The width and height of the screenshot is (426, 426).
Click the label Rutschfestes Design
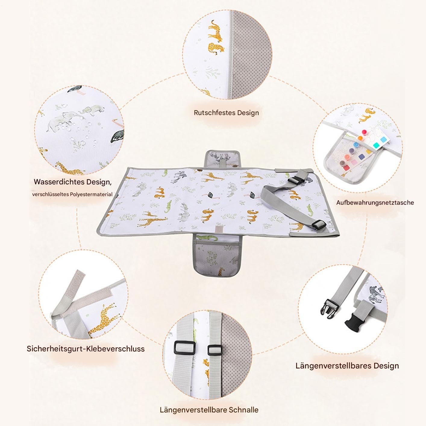226,113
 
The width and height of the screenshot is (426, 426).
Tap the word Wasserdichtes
59,182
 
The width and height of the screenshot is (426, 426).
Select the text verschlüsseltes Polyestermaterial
72,195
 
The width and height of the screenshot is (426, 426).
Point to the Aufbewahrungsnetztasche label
375,202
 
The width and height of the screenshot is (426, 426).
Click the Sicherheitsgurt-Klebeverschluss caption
86,349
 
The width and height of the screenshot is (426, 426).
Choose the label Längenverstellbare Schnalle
209,410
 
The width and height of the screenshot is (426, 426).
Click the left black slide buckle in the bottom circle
184,348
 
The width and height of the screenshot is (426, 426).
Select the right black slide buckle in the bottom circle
215,350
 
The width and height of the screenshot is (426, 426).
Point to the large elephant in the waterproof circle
62,122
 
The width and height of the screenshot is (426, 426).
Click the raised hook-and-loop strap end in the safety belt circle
74,285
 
